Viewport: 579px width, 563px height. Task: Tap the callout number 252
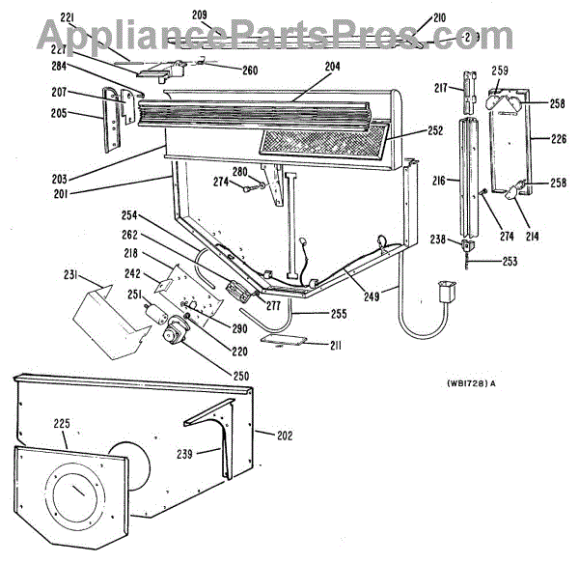coord(436,130)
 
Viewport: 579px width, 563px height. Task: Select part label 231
coord(70,275)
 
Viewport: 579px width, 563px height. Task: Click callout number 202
coord(285,436)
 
